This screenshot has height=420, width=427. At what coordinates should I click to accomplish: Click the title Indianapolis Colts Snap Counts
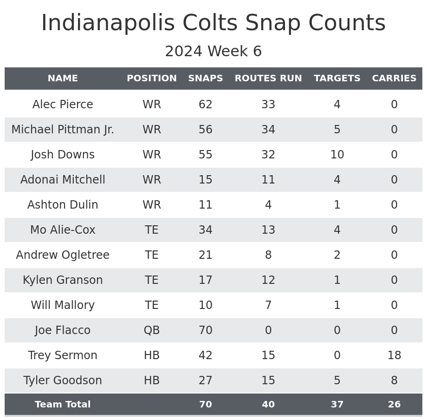(x=213, y=24)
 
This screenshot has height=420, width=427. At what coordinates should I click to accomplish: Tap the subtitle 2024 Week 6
(x=213, y=52)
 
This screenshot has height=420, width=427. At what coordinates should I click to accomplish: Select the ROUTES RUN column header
(x=268, y=79)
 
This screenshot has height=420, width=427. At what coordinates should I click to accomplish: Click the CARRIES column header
(x=394, y=79)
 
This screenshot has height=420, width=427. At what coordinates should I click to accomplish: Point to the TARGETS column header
(x=337, y=79)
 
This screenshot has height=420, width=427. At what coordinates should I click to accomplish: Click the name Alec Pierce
(x=63, y=105)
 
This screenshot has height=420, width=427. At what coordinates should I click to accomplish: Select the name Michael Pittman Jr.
(x=63, y=130)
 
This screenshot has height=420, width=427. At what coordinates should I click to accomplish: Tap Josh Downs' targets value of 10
(x=337, y=155)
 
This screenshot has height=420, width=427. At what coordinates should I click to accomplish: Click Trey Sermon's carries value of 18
(x=394, y=355)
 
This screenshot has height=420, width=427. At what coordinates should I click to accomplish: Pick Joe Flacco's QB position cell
(x=152, y=330)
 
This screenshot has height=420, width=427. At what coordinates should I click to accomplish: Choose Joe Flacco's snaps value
(x=206, y=330)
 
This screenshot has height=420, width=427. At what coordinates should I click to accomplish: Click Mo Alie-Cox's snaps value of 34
(x=206, y=230)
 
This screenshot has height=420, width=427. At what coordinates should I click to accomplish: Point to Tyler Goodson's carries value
(x=394, y=381)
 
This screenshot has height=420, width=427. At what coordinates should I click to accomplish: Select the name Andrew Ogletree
(x=63, y=255)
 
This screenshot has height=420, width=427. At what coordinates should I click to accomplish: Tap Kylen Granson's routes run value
(x=268, y=280)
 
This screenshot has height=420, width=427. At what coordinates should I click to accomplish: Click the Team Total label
(x=63, y=405)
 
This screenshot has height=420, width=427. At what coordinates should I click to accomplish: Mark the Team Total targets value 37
(x=337, y=405)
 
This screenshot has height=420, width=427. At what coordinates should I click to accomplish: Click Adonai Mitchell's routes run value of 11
(x=268, y=180)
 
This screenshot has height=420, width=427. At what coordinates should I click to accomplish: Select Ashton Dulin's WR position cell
(x=152, y=205)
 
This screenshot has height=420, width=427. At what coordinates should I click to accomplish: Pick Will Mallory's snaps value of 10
(x=206, y=305)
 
